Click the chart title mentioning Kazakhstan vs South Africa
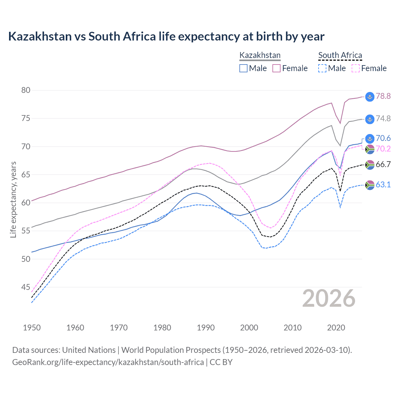coord(166,36)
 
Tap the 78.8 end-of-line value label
coord(383,96)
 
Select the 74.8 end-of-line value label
coord(383,118)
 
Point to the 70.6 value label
coord(383,138)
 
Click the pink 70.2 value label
coord(383,149)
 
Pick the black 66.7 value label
coord(383,164)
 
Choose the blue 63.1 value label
coord(383,185)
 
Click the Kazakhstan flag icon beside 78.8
coord(370,97)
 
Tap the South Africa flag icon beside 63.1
coord(370,185)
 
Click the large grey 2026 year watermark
coord(329,298)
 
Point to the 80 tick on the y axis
coord(26,90)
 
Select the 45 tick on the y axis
coord(26,287)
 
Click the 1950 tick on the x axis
coord(32,328)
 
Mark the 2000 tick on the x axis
coord(249,328)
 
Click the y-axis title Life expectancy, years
coord(13,199)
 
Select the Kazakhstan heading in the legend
coord(260,55)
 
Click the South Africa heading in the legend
coord(340,55)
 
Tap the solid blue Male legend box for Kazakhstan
coord(243,68)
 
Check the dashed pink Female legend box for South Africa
coord(356,68)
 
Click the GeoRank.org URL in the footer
coord(108,362)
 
